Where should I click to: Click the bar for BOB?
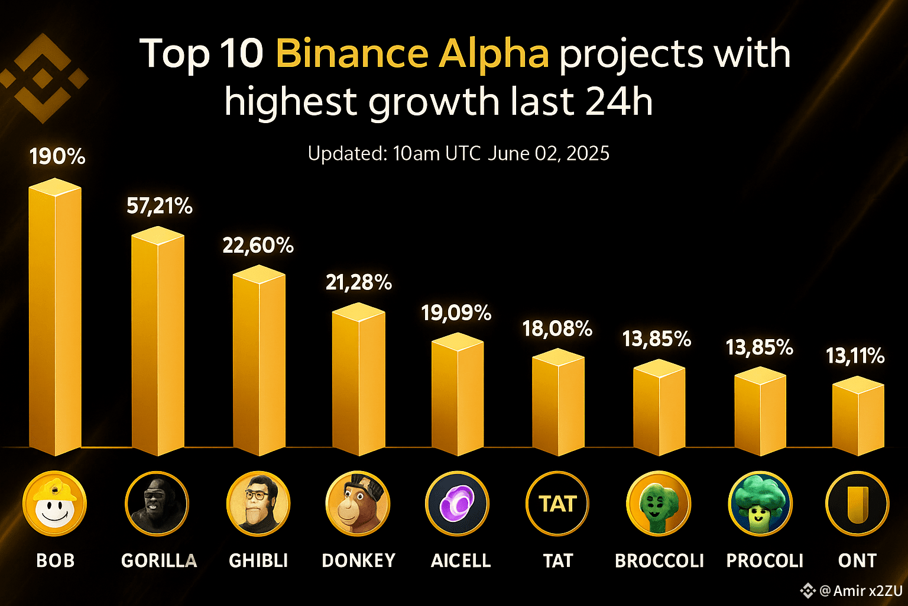click(x=55, y=320)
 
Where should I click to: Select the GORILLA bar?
click(x=158, y=343)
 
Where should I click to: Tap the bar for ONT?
click(x=858, y=417)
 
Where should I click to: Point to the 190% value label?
click(x=57, y=157)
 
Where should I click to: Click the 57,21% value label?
click(x=160, y=206)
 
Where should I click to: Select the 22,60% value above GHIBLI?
click(x=258, y=245)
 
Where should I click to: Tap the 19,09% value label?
click(x=456, y=312)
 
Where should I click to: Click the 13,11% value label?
click(x=855, y=356)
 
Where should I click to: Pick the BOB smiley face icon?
click(x=54, y=504)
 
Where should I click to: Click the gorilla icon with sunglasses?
click(x=157, y=504)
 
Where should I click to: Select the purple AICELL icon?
click(x=457, y=504)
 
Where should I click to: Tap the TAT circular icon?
click(x=557, y=504)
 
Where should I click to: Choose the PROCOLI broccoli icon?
click(x=760, y=504)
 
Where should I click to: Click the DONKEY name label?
click(x=358, y=560)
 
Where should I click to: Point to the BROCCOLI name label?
click(x=659, y=560)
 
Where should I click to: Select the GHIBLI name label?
click(x=258, y=560)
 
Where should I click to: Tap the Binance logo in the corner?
click(x=43, y=78)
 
